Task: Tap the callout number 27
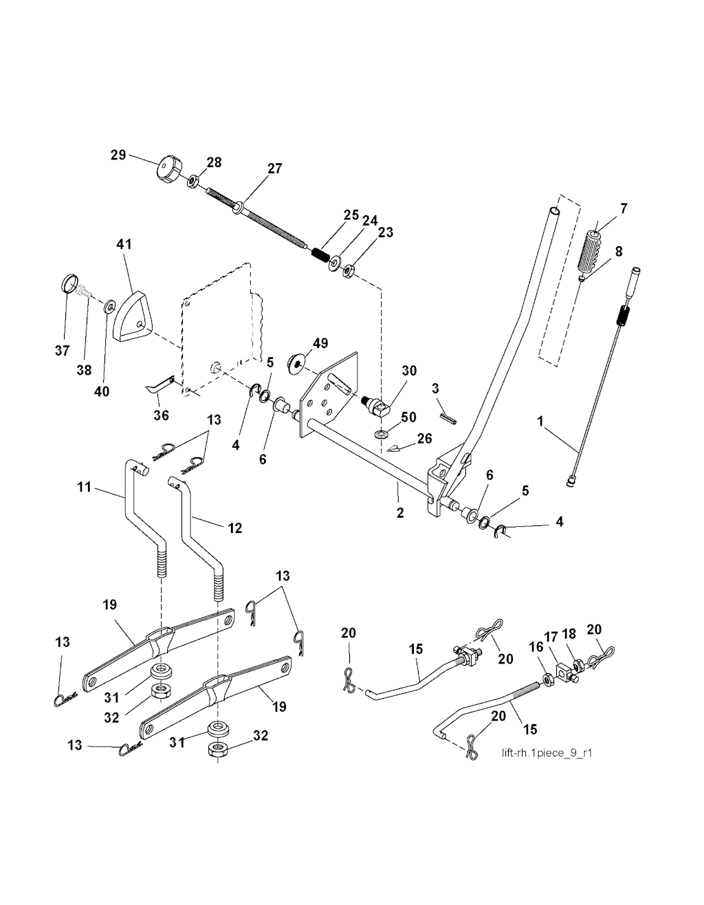[274, 168]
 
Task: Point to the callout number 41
[124, 244]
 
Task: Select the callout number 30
[409, 371]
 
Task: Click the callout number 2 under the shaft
[400, 513]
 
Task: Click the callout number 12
[235, 527]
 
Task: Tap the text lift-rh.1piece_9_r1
[547, 752]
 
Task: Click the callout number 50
[408, 417]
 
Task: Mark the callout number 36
[161, 415]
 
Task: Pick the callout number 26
[424, 437]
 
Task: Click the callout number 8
[619, 251]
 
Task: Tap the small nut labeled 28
[195, 181]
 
